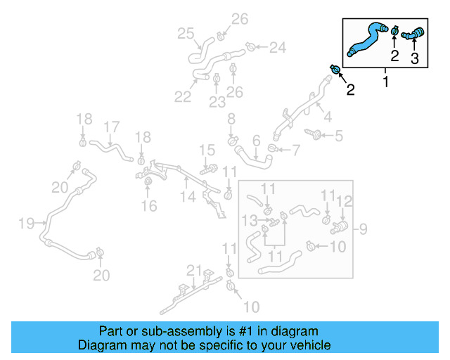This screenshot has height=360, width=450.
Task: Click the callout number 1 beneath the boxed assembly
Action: coord(385,83)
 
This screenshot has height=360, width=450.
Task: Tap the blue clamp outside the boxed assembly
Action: coord(336,70)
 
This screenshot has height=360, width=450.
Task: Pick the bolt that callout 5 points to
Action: coord(315,134)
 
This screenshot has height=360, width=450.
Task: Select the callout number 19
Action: coord(26,224)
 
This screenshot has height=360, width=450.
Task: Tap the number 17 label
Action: coord(111,127)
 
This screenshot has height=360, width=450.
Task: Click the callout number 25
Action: coord(186,33)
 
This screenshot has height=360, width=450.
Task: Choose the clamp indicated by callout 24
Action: coord(250,47)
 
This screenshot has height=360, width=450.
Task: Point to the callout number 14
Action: coord(186,198)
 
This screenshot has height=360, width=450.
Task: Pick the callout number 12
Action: coord(343,201)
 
